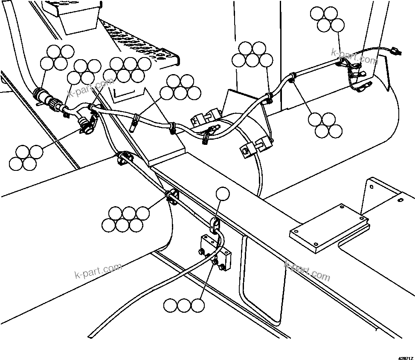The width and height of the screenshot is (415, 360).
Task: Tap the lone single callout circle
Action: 222,194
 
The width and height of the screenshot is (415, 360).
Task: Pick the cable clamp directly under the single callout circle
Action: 216,224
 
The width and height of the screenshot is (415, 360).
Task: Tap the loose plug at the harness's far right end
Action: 396,52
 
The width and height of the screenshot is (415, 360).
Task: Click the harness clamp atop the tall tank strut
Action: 268,98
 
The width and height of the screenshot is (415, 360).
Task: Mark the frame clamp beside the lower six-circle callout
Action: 171,196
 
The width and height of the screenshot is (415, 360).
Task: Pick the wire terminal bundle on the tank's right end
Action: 354,72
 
